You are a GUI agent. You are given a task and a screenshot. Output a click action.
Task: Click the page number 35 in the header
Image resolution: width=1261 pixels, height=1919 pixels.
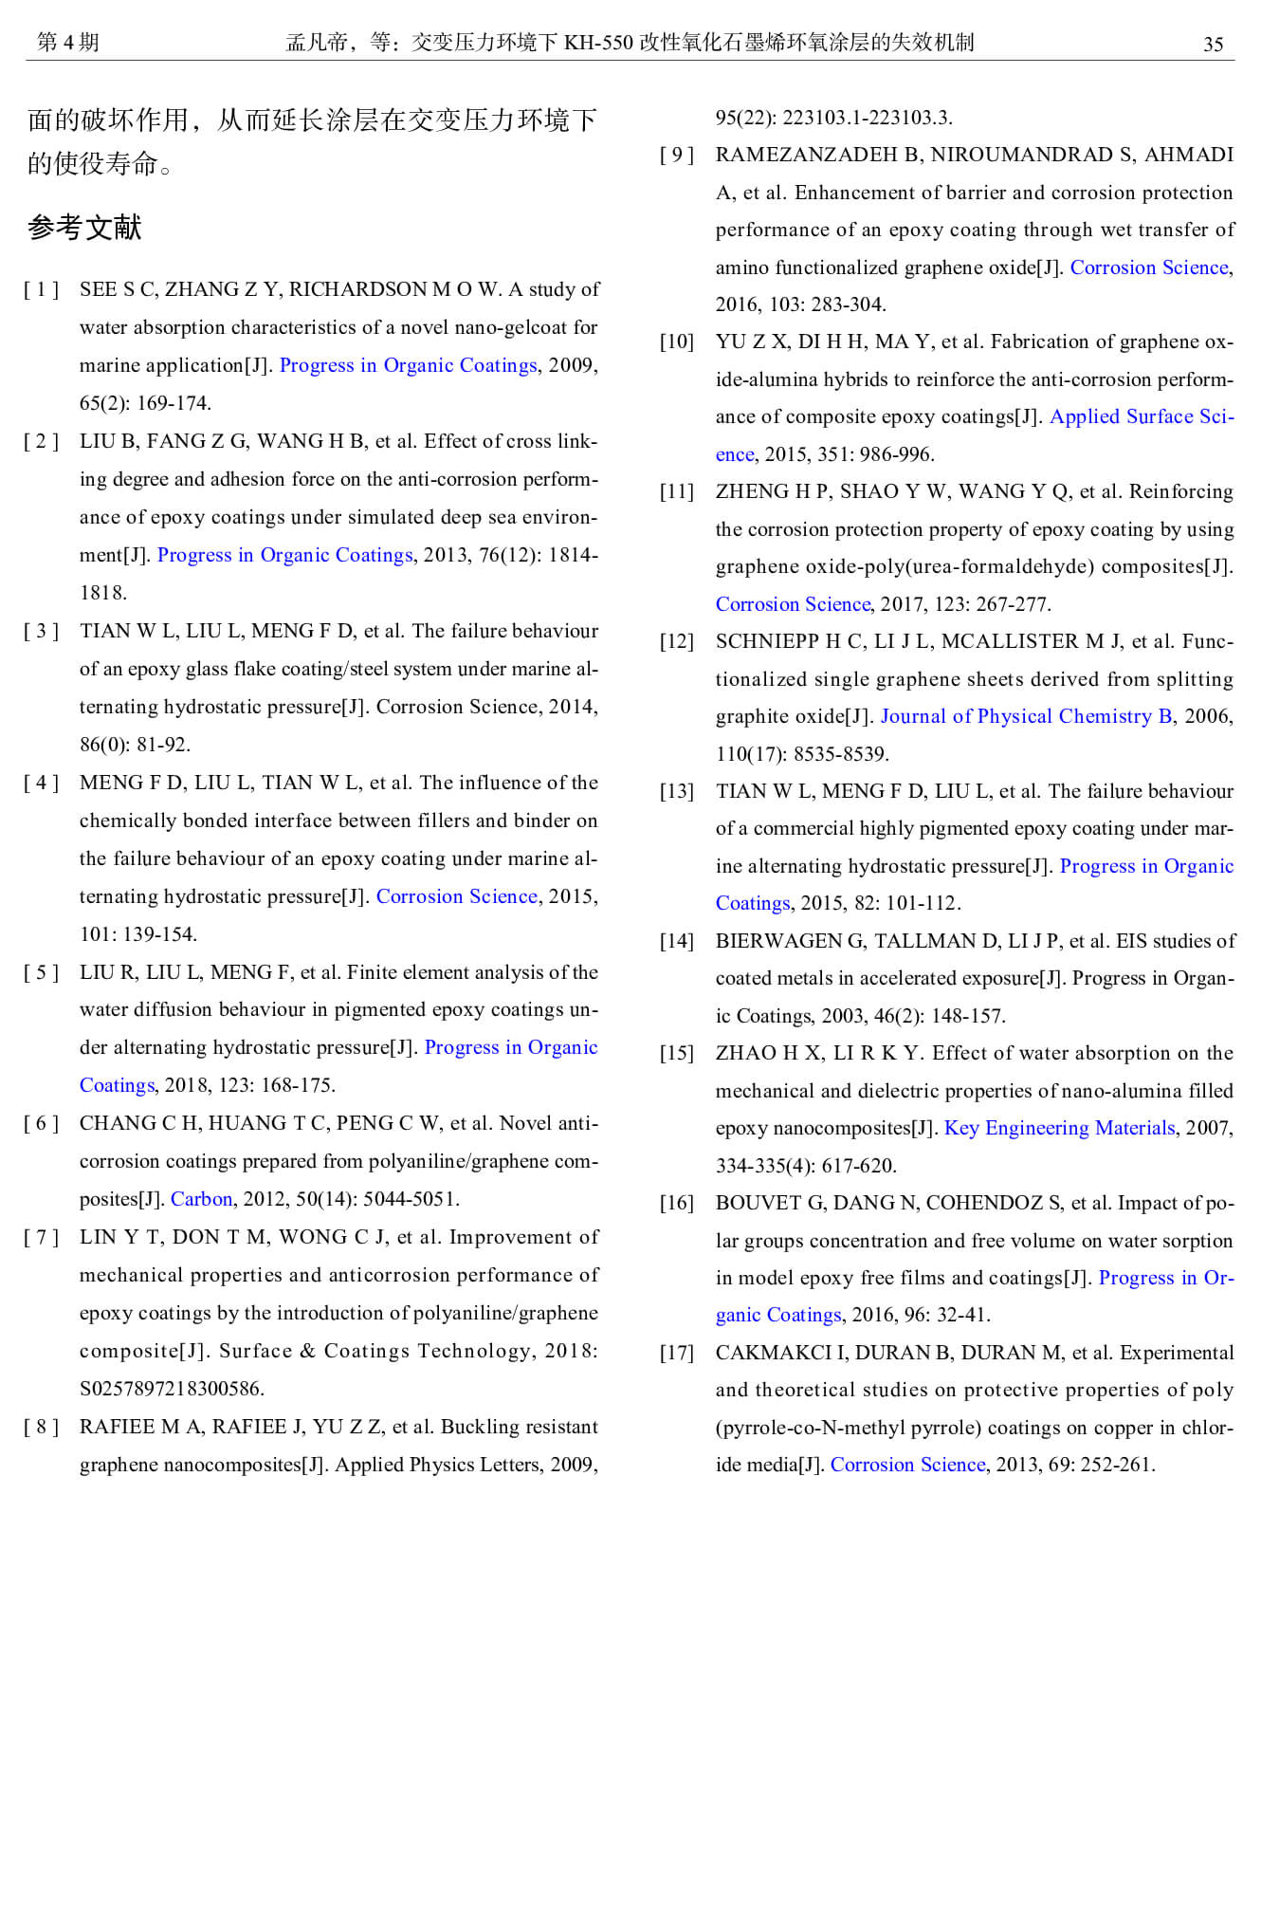(1213, 44)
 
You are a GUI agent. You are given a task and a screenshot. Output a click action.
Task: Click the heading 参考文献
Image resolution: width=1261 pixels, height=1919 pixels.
(84, 228)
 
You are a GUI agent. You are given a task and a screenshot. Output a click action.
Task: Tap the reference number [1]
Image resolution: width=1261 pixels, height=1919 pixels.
(42, 289)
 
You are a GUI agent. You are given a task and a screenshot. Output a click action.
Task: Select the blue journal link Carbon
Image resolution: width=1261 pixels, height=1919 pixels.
(201, 1199)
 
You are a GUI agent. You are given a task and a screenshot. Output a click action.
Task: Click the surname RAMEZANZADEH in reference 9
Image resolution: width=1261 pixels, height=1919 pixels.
(818, 155)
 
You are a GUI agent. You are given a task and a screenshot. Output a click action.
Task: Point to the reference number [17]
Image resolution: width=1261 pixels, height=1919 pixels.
(677, 1353)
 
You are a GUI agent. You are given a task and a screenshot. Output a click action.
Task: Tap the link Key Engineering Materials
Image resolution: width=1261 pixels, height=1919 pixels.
(1059, 1128)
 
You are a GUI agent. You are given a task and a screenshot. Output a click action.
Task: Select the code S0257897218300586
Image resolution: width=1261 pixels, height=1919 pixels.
(171, 1389)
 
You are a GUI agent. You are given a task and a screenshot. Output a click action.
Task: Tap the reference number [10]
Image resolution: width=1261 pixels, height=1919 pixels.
(677, 341)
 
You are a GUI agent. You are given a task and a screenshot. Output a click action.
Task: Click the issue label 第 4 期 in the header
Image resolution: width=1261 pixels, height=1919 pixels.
(67, 42)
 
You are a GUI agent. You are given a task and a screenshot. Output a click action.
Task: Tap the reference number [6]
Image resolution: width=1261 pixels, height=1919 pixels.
(42, 1123)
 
